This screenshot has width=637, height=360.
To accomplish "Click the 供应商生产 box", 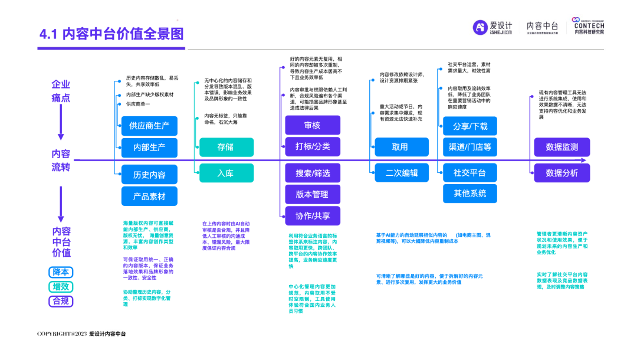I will (149, 125).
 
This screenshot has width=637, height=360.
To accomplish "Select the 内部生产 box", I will (149, 147).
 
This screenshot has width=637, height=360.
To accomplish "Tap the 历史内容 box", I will (149, 175).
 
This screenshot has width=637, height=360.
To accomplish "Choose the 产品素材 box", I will (149, 196).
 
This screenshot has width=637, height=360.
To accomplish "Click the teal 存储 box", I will (226, 147).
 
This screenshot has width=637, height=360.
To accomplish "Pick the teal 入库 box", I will (226, 173).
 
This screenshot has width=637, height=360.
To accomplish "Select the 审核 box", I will (313, 125).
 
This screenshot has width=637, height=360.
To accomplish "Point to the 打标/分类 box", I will (313, 146).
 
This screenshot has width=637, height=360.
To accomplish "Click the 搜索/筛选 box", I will (313, 173).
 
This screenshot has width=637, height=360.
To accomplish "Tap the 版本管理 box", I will (313, 194).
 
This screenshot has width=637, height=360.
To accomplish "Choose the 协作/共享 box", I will (313, 215).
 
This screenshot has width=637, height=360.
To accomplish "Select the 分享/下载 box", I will (470, 126).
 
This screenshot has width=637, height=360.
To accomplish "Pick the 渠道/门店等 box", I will (470, 147).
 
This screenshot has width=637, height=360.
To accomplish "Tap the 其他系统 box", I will (470, 193).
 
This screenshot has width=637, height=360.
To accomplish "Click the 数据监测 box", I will (562, 147).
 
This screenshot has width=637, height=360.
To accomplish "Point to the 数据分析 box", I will (562, 173).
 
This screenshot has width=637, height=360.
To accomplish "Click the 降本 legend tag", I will (61, 273).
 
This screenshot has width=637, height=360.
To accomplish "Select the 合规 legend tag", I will (61, 301).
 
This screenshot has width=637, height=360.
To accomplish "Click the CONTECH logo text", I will (589, 26).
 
